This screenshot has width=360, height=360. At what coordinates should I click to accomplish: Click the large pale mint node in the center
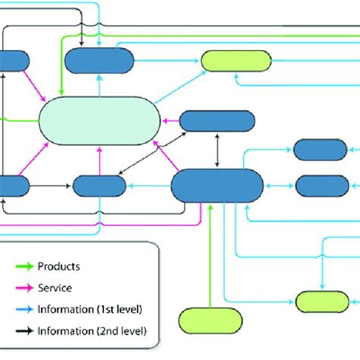pyautogui.click(x=99, y=122)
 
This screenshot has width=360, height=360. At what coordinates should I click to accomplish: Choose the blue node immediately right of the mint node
pyautogui.click(x=216, y=121)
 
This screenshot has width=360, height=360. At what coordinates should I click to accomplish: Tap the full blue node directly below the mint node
pyautogui.click(x=99, y=185)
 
